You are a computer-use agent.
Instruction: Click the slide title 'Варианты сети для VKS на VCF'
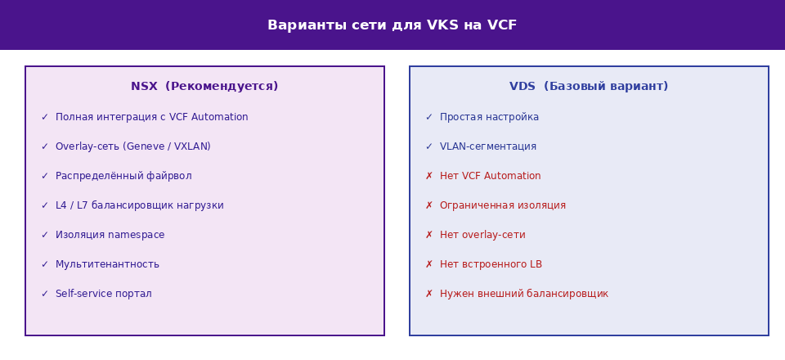click(x=392, y=25)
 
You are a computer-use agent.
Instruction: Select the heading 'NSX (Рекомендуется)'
click(x=204, y=87)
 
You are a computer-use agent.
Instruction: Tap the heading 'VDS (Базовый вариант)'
click(x=589, y=87)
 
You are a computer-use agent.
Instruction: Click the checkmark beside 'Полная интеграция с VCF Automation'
click(x=44, y=117)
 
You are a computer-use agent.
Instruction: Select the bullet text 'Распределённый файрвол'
click(x=123, y=176)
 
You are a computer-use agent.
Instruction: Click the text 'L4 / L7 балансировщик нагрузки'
click(x=140, y=206)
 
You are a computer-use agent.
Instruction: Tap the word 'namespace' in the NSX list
click(x=137, y=236)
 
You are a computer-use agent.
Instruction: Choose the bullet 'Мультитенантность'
click(x=107, y=264)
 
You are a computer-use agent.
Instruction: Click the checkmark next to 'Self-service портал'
click(x=44, y=294)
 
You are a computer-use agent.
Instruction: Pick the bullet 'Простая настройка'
click(x=489, y=117)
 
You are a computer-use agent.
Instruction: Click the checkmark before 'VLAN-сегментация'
click(x=429, y=146)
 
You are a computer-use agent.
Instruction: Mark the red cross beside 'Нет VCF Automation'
click(x=429, y=176)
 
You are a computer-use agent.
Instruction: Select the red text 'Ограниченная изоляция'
click(x=503, y=206)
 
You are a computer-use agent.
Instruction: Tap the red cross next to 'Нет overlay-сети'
click(x=429, y=236)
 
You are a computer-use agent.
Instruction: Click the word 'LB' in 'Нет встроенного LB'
click(x=536, y=264)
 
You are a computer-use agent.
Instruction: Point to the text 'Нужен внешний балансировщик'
click(x=523, y=294)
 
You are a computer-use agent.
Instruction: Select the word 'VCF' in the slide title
click(x=501, y=25)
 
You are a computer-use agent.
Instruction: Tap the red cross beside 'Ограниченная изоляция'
click(x=429, y=206)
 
